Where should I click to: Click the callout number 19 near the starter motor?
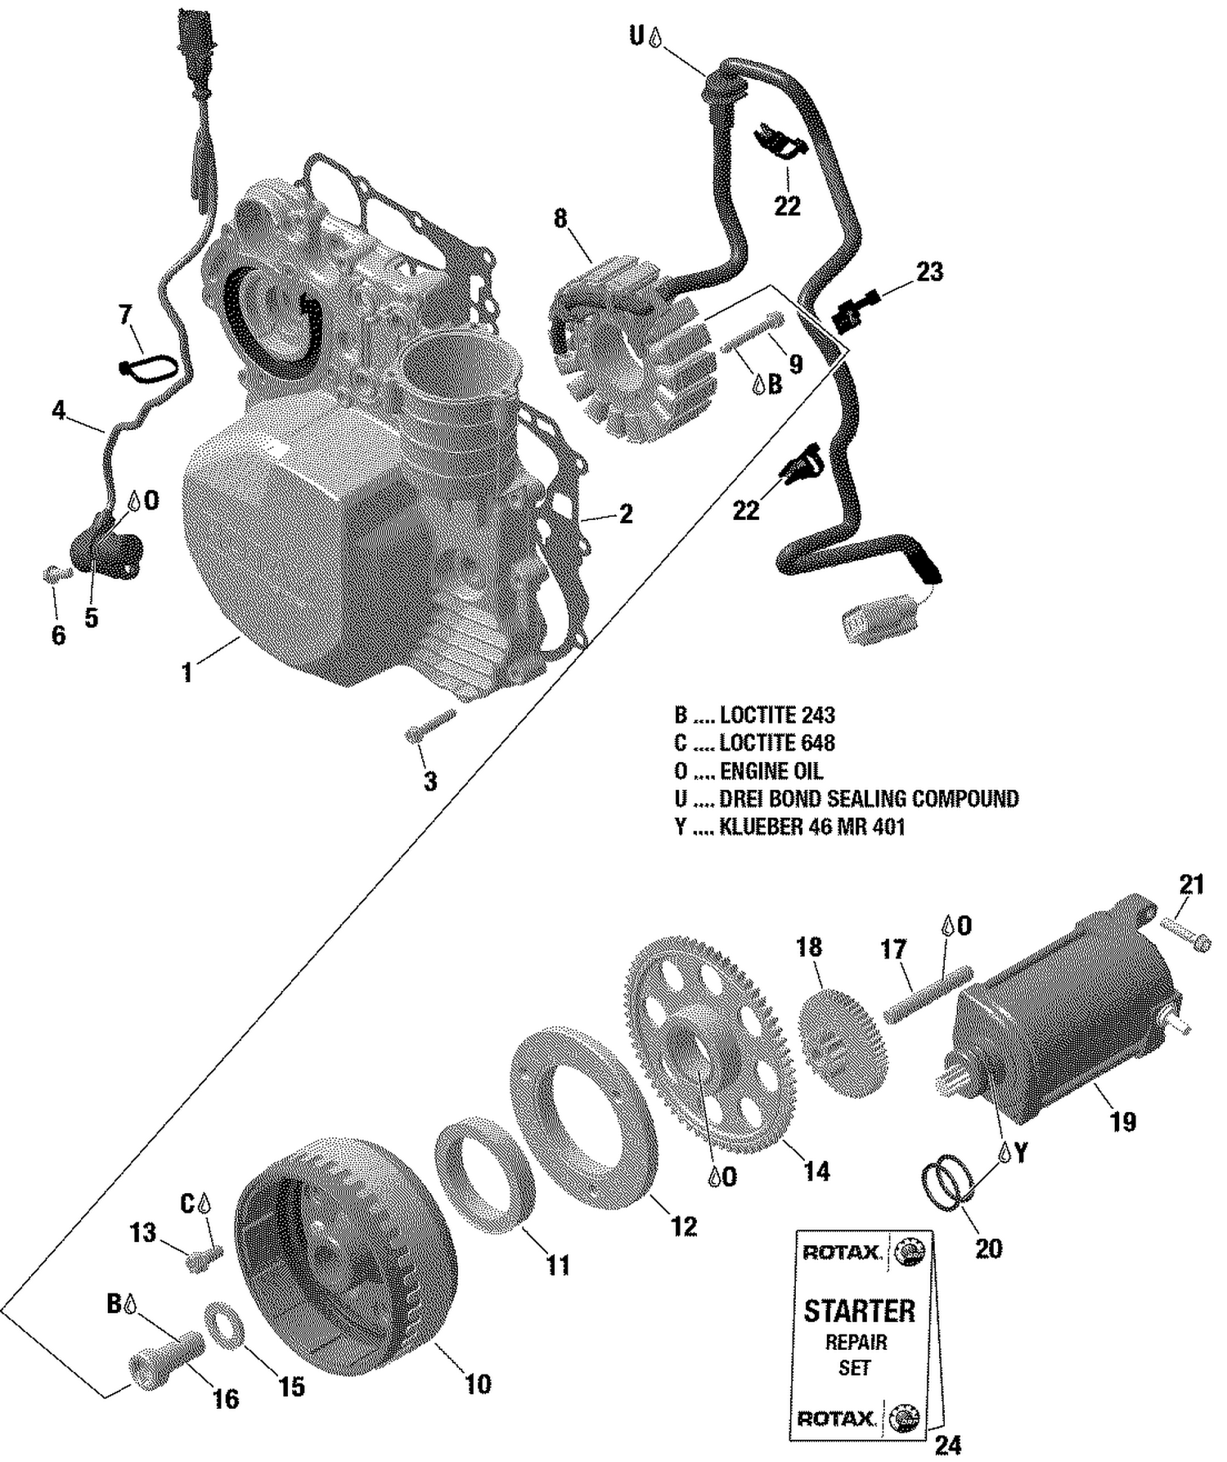pos(1123,1122)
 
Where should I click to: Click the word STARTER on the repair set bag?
pos(859,1311)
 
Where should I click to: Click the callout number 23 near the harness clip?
pos(929,271)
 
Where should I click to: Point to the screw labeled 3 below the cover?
pos(429,724)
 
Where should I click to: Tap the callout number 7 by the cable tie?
pos(124,314)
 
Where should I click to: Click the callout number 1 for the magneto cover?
pos(187,672)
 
